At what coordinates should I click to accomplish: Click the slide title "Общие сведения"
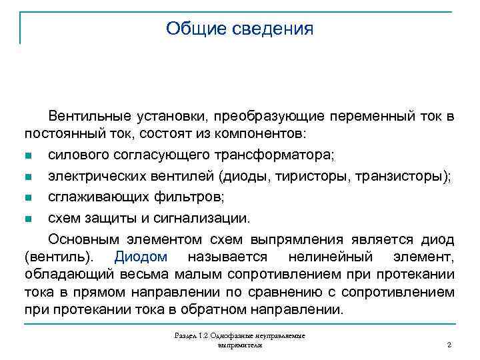tap(239, 29)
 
